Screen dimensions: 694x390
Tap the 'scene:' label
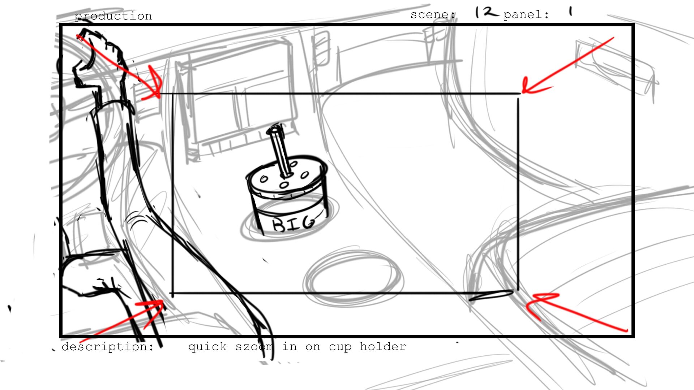[x=433, y=15]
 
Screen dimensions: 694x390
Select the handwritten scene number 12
[x=487, y=13]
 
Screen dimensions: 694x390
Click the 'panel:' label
[x=526, y=15]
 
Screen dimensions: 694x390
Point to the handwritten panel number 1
[x=570, y=12]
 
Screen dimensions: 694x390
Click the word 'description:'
[x=108, y=347]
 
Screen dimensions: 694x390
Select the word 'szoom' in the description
[x=254, y=347]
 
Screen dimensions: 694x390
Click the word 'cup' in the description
[x=340, y=348]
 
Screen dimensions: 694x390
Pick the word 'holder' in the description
[x=383, y=347]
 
